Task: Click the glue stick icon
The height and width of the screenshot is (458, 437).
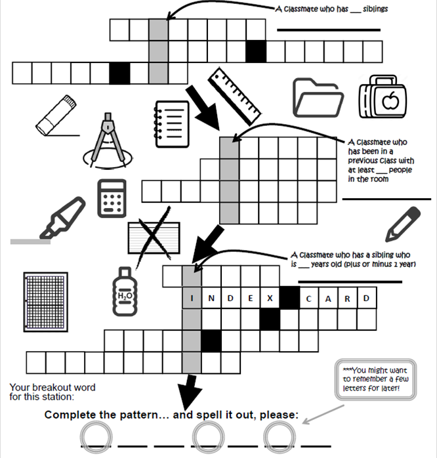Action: pyautogui.click(x=56, y=115)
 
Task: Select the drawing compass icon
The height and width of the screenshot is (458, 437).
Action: pyautogui.click(x=108, y=141)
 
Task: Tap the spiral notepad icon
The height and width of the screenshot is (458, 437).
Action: pyautogui.click(x=171, y=124)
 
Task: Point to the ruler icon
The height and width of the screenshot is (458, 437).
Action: pyautogui.click(x=234, y=96)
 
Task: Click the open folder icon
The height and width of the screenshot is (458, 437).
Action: pyautogui.click(x=318, y=98)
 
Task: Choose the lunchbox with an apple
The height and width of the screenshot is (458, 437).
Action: pyautogui.click(x=383, y=96)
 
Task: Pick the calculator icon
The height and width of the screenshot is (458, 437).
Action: pyautogui.click(x=112, y=198)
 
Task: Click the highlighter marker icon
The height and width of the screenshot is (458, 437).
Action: pyautogui.click(x=62, y=218)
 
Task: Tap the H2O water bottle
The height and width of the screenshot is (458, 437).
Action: pyautogui.click(x=125, y=291)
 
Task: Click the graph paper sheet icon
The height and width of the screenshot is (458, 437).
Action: pyautogui.click(x=45, y=302)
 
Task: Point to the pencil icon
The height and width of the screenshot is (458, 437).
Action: pyautogui.click(x=403, y=224)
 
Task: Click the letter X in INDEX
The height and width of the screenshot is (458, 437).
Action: pyautogui.click(x=270, y=299)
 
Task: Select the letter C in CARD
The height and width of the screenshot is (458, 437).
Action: pyautogui.click(x=309, y=299)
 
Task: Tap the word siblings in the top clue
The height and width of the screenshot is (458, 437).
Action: pyautogui.click(x=375, y=9)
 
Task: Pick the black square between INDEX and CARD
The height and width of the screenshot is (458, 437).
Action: pyautogui.click(x=289, y=298)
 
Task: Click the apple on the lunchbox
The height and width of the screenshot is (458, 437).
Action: pyautogui.click(x=390, y=101)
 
